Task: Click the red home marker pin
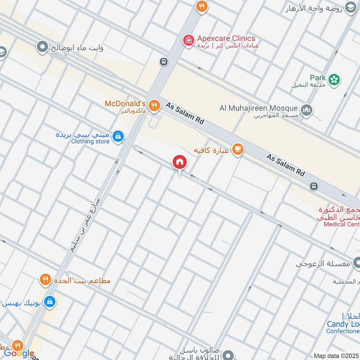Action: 180,162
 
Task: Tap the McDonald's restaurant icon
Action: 154,105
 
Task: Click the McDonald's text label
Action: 125,103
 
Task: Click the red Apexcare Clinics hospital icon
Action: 188,40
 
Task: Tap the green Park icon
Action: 334,80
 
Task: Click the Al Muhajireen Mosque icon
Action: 307,110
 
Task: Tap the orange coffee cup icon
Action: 238,150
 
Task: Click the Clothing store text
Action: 90,141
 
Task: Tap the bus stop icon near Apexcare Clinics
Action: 163,61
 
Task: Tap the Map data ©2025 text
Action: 336,355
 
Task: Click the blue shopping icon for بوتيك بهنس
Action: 50,301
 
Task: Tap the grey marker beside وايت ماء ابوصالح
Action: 43,46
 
